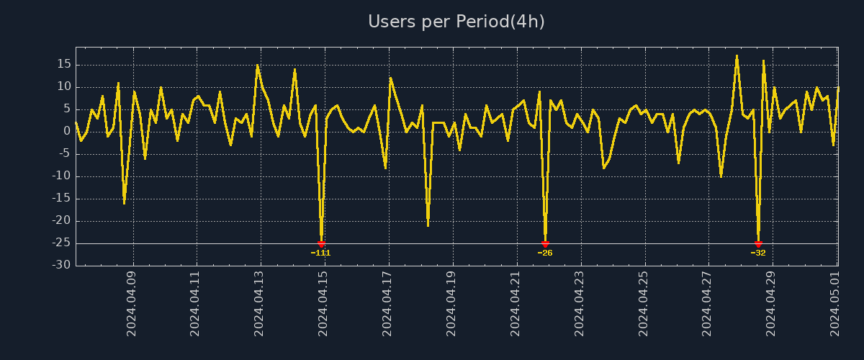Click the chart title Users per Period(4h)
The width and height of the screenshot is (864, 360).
(x=456, y=22)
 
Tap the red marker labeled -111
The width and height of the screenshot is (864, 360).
(x=321, y=244)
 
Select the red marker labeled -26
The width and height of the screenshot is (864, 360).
(x=545, y=244)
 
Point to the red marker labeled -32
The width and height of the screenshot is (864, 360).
(x=758, y=244)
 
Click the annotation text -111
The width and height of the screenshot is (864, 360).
(x=320, y=253)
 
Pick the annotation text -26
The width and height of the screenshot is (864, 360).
(x=545, y=253)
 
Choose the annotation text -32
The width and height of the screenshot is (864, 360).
(x=758, y=253)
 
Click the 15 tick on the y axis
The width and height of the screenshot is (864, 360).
(x=64, y=64)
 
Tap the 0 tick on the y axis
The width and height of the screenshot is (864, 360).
(x=67, y=131)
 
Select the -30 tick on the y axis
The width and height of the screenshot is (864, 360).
(x=62, y=265)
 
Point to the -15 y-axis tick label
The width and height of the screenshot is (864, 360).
(x=62, y=198)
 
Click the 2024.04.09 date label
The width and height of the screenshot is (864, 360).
(x=132, y=303)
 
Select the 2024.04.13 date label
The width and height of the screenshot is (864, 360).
(x=259, y=303)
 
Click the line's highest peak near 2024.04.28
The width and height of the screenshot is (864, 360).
(x=737, y=55)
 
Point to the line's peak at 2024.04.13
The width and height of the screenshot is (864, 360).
(x=257, y=65)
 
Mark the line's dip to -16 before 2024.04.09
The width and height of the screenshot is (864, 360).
(x=124, y=203)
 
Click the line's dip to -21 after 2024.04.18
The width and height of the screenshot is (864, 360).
(x=428, y=225)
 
